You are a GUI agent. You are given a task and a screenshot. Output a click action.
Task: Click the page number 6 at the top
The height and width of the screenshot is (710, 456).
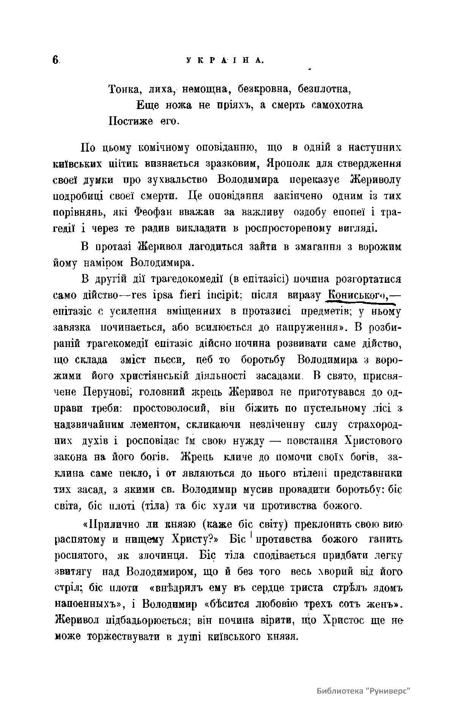click(x=56, y=60)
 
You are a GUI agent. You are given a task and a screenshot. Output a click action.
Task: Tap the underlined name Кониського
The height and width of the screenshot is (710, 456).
click(x=357, y=295)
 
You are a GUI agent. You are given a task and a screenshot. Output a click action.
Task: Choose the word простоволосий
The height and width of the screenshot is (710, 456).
click(x=173, y=409)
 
